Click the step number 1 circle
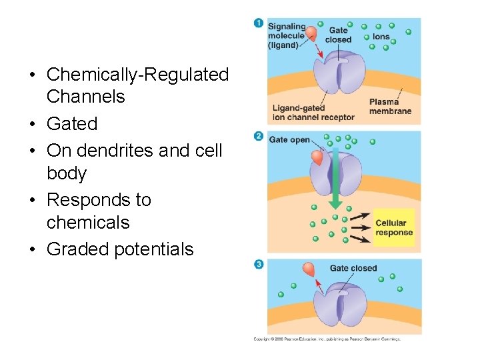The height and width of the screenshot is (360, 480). click(x=259, y=23)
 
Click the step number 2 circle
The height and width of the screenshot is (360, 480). click(x=259, y=136)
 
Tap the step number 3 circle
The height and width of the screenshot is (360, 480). click(x=259, y=264)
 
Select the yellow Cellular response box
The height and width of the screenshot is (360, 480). click(x=393, y=227)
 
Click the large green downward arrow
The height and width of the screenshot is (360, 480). click(x=335, y=180)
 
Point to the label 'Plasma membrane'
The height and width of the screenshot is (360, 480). click(x=390, y=106)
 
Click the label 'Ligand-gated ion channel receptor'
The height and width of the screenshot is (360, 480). click(x=313, y=113)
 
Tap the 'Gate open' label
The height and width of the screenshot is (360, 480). click(x=289, y=140)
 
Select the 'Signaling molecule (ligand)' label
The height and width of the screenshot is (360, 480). click(x=287, y=36)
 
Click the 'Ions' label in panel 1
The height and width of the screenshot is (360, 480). click(x=381, y=37)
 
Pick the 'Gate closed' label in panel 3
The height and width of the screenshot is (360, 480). click(x=353, y=268)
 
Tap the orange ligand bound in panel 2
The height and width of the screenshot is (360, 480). click(x=317, y=158)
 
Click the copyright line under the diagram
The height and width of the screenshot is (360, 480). click(x=327, y=339)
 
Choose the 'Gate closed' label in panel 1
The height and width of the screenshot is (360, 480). click(x=338, y=35)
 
